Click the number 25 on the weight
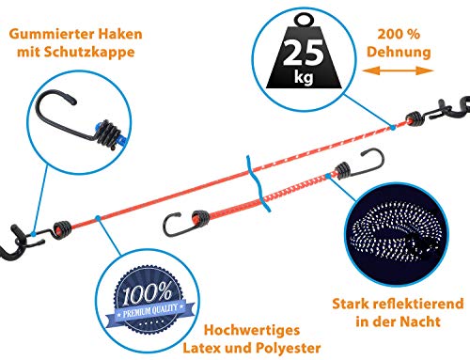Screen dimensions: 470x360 tap(304, 53)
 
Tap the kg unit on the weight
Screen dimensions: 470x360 tap(304, 76)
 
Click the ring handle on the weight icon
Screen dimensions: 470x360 tap(305, 21)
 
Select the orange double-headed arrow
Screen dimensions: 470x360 tap(398, 70)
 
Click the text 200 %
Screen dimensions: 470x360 tap(399, 34)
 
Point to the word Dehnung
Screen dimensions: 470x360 tap(399, 52)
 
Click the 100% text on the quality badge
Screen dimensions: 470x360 tap(147, 293)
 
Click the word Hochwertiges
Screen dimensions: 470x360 tap(252, 330)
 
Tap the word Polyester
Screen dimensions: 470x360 tap(289, 348)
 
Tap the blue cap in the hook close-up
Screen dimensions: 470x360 tap(98, 126)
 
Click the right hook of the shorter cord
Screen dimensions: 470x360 tap(373, 163)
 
